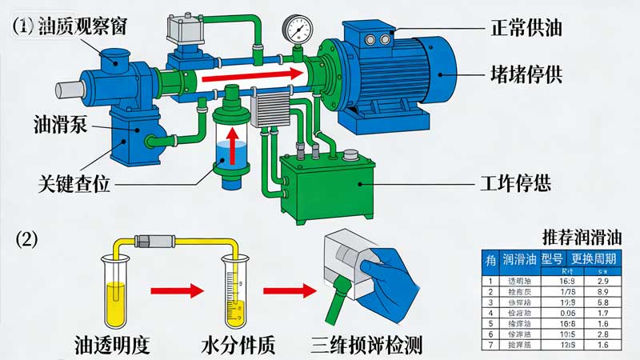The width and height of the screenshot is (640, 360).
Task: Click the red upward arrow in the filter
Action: tap(231, 144)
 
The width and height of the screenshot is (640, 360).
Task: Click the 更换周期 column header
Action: tap(594, 259)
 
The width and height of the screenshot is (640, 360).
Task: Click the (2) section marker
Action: tap(27, 238)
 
